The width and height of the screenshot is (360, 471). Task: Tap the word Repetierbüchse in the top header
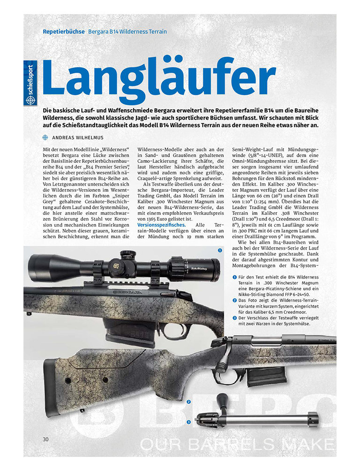coord(64,31)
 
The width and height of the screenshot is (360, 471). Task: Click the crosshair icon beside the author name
coord(45,137)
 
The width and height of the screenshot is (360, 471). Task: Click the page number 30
coord(45,439)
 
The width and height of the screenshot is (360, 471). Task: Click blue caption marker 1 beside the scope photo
coord(219,251)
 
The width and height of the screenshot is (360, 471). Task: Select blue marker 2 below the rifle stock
coord(188,402)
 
